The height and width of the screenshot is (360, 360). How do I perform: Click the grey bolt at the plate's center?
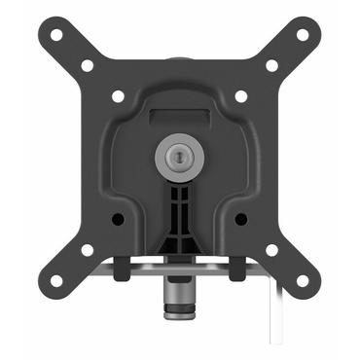coord(180,156)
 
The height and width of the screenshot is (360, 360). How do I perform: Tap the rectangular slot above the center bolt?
coord(180,115)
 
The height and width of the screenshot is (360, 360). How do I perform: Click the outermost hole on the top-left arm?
coord(56,35)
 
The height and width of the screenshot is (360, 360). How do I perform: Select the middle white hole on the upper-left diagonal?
coord(88,65)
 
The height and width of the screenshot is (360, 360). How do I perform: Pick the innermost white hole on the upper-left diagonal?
coord(118,96)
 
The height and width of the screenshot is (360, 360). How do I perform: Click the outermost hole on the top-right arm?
coord(302,35)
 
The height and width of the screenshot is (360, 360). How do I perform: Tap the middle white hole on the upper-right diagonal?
coord(271,65)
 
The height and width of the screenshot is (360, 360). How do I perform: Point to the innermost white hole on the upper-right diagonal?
coord(240,96)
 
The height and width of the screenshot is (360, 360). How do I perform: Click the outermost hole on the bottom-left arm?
coord(56,280)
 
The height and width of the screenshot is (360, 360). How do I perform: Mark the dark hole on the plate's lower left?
coord(119,219)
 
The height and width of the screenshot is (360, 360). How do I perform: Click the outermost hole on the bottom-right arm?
coord(302,280)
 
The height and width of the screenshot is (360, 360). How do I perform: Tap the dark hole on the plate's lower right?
coord(240,219)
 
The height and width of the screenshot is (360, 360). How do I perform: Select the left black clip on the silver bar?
coord(123,263)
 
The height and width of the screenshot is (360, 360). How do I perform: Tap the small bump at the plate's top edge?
coord(180,60)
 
